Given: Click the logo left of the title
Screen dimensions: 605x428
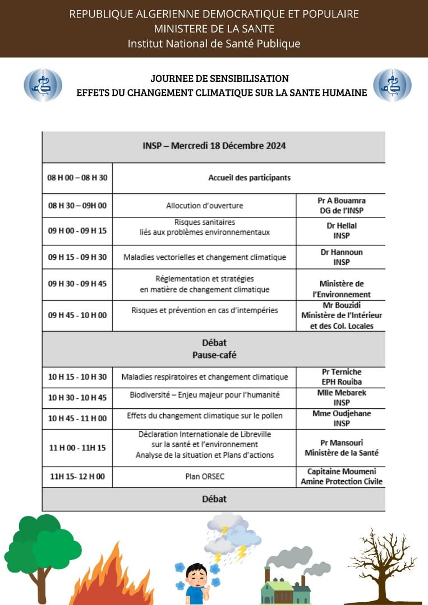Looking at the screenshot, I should tap(43, 85).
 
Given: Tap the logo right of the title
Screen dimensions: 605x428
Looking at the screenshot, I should tap(392, 85).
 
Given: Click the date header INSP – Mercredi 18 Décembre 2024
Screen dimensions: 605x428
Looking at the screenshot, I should tap(214, 146).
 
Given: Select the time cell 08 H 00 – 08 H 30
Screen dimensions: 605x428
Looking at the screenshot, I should tap(77, 178).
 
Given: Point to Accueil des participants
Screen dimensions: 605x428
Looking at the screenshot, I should tap(249, 178).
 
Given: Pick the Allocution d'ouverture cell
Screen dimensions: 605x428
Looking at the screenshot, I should tap(204, 206).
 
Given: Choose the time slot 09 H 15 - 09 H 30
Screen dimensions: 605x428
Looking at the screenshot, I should tap(77, 257).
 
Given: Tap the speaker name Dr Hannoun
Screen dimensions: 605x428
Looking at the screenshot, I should tap(341, 252).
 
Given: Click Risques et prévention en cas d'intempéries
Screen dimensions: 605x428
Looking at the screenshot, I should tap(204, 310).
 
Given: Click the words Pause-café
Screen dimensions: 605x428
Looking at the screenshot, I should tap(214, 355).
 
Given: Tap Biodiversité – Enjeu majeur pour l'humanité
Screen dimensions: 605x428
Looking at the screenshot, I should tap(204, 395).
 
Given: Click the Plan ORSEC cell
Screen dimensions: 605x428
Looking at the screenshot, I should tap(204, 477).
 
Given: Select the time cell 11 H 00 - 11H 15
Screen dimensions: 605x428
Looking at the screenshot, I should tap(77, 448).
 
